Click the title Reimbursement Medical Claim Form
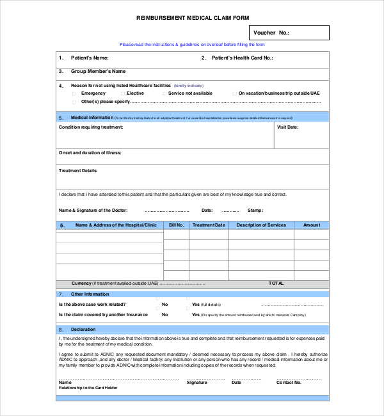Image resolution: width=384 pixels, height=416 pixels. click(192, 18)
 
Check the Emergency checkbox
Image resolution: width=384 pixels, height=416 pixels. click(75, 93)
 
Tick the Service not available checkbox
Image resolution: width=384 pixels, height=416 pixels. click(164, 93)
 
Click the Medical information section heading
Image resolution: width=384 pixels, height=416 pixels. click(92, 118)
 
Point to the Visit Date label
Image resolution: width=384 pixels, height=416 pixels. click(287, 127)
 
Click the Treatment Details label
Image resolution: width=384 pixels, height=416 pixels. click(78, 171)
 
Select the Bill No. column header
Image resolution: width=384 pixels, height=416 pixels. click(176, 225)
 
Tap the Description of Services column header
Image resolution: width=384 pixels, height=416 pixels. click(261, 225)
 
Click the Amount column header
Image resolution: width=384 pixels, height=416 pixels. click(312, 225)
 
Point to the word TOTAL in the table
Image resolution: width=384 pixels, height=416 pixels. click(276, 283)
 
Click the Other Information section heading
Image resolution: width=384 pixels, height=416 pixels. click(90, 294)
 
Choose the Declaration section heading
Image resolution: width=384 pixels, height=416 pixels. click(83, 330)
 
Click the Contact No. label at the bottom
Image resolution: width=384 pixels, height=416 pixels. click(289, 383)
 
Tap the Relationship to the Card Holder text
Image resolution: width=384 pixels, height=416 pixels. click(88, 388)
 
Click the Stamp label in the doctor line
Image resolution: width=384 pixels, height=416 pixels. click(255, 210)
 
